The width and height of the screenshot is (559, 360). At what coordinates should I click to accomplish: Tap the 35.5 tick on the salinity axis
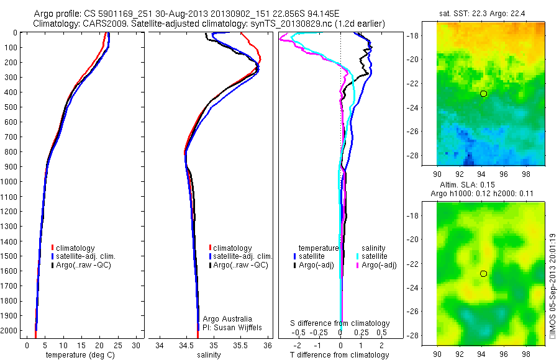click(x=240, y=345)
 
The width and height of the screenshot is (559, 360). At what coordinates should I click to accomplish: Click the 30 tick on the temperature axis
click(x=136, y=345)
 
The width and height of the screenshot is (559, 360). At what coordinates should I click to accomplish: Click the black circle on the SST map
click(x=483, y=93)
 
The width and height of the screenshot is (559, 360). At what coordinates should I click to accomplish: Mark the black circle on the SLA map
click(x=483, y=273)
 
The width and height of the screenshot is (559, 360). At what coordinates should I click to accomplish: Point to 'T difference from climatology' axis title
click(x=339, y=354)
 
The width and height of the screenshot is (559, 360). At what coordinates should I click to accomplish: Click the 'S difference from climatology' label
click(x=340, y=323)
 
